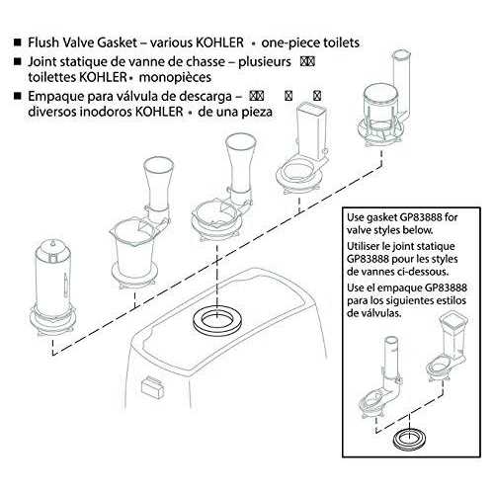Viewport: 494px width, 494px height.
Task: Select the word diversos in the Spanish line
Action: [x=56, y=112]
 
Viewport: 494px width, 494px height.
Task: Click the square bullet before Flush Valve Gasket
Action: [x=11, y=44]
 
